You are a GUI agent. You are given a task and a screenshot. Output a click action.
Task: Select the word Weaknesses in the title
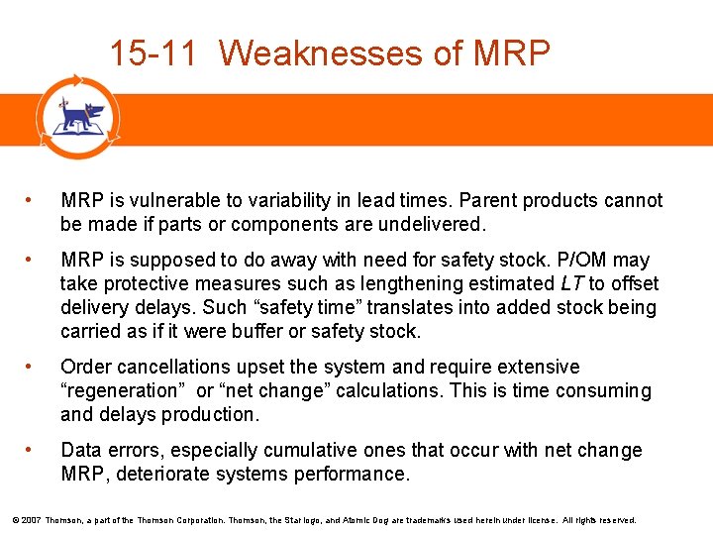coord(322,53)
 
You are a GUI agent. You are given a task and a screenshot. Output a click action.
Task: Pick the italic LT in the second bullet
coord(571,284)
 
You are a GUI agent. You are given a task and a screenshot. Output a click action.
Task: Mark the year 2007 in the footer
coord(31,519)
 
